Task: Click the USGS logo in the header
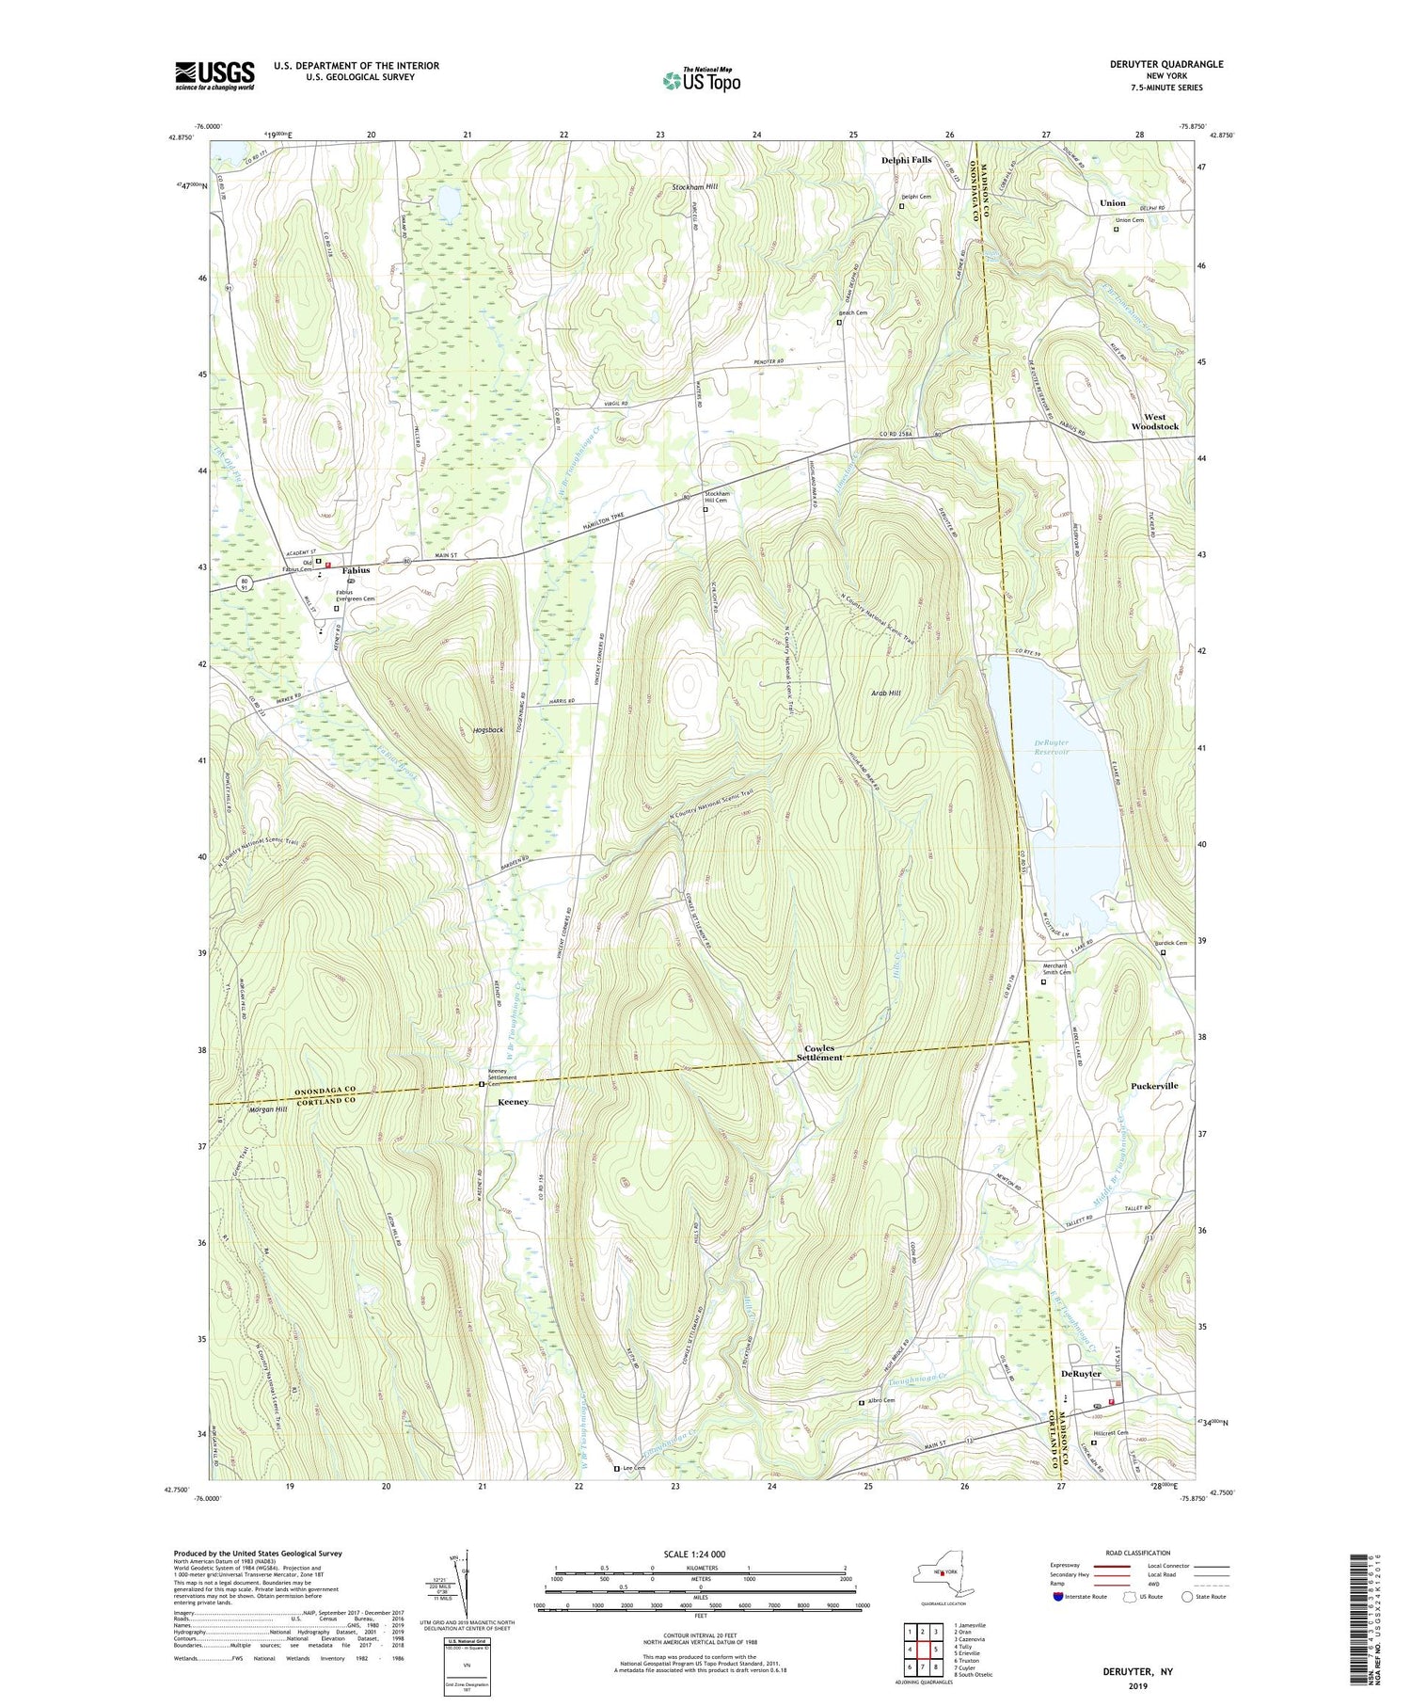pyautogui.click(x=214, y=75)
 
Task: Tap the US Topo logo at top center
pyautogui.click(x=701, y=80)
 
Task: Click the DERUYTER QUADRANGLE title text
pyautogui.click(x=1166, y=64)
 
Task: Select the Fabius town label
pyautogui.click(x=356, y=570)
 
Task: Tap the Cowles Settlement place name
pyautogui.click(x=818, y=1052)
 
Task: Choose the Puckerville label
pyautogui.click(x=1153, y=1085)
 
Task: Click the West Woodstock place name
pyautogui.click(x=1154, y=422)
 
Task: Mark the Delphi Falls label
pyautogui.click(x=906, y=160)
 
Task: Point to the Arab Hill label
pyautogui.click(x=885, y=693)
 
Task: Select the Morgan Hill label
pyautogui.click(x=268, y=1109)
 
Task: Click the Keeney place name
pyautogui.click(x=513, y=1101)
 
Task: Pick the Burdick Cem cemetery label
pyautogui.click(x=1170, y=943)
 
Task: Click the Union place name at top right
pyautogui.click(x=1112, y=203)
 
